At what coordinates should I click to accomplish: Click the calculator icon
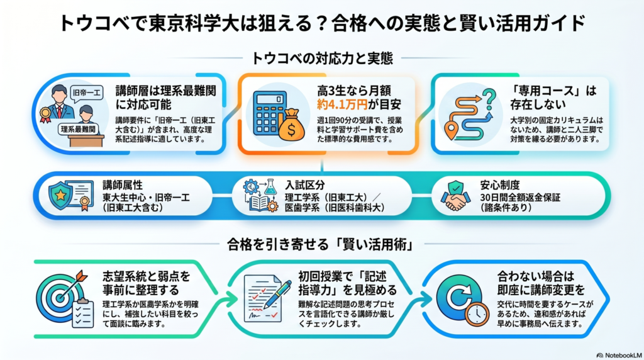tap(269, 113)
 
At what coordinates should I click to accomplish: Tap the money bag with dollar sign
tap(292, 125)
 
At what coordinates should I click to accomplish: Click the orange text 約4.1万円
tap(341, 105)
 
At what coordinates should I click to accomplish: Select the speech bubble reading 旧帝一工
tap(86, 94)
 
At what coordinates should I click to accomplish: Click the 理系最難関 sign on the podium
tap(78, 130)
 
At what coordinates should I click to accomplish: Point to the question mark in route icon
tap(489, 99)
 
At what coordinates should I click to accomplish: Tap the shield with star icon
tap(60, 196)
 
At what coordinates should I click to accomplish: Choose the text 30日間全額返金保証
tap(520, 198)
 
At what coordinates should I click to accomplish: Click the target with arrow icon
tap(61, 293)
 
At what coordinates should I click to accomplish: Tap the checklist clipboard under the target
tap(82, 313)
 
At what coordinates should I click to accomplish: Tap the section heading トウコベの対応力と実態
tap(322, 59)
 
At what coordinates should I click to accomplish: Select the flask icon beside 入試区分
tap(270, 188)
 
